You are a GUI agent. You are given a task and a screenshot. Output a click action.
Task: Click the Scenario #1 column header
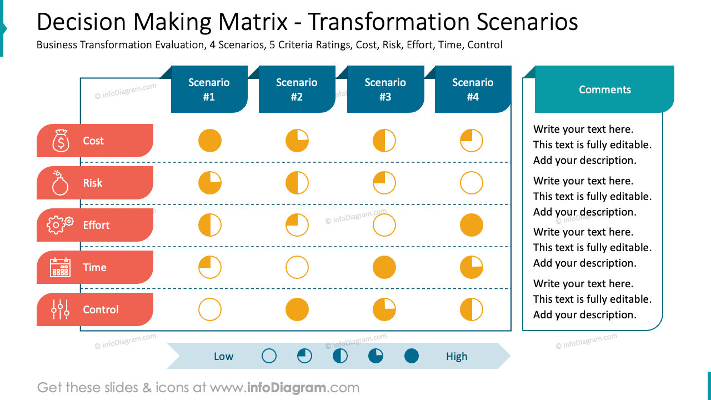209,89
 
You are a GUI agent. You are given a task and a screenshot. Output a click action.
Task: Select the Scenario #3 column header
385,89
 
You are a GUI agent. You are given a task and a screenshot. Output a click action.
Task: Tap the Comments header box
604,89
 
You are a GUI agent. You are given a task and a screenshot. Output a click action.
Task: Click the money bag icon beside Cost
61,141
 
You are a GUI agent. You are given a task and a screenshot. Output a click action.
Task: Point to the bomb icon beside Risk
60,183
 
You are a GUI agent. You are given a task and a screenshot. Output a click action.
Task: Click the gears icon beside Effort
60,224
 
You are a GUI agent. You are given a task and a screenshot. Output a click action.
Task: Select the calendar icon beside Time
60,267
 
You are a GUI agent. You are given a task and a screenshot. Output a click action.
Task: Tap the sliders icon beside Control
60,309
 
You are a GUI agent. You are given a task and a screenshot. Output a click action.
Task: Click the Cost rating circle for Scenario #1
210,141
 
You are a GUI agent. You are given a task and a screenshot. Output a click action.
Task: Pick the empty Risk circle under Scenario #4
472,183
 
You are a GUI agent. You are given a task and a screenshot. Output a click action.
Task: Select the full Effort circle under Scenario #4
472,225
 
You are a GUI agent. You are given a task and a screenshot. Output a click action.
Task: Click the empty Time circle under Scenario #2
297,267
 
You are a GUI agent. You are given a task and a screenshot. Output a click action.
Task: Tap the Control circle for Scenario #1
210,309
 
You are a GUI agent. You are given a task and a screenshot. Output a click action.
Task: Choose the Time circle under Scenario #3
384,267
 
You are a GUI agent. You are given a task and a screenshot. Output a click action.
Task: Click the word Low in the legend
223,357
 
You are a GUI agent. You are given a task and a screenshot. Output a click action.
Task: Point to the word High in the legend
457,357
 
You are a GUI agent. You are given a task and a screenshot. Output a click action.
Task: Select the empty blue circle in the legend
269,356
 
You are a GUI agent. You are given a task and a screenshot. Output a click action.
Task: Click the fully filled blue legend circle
412,356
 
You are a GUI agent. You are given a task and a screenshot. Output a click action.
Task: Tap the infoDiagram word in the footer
287,388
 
